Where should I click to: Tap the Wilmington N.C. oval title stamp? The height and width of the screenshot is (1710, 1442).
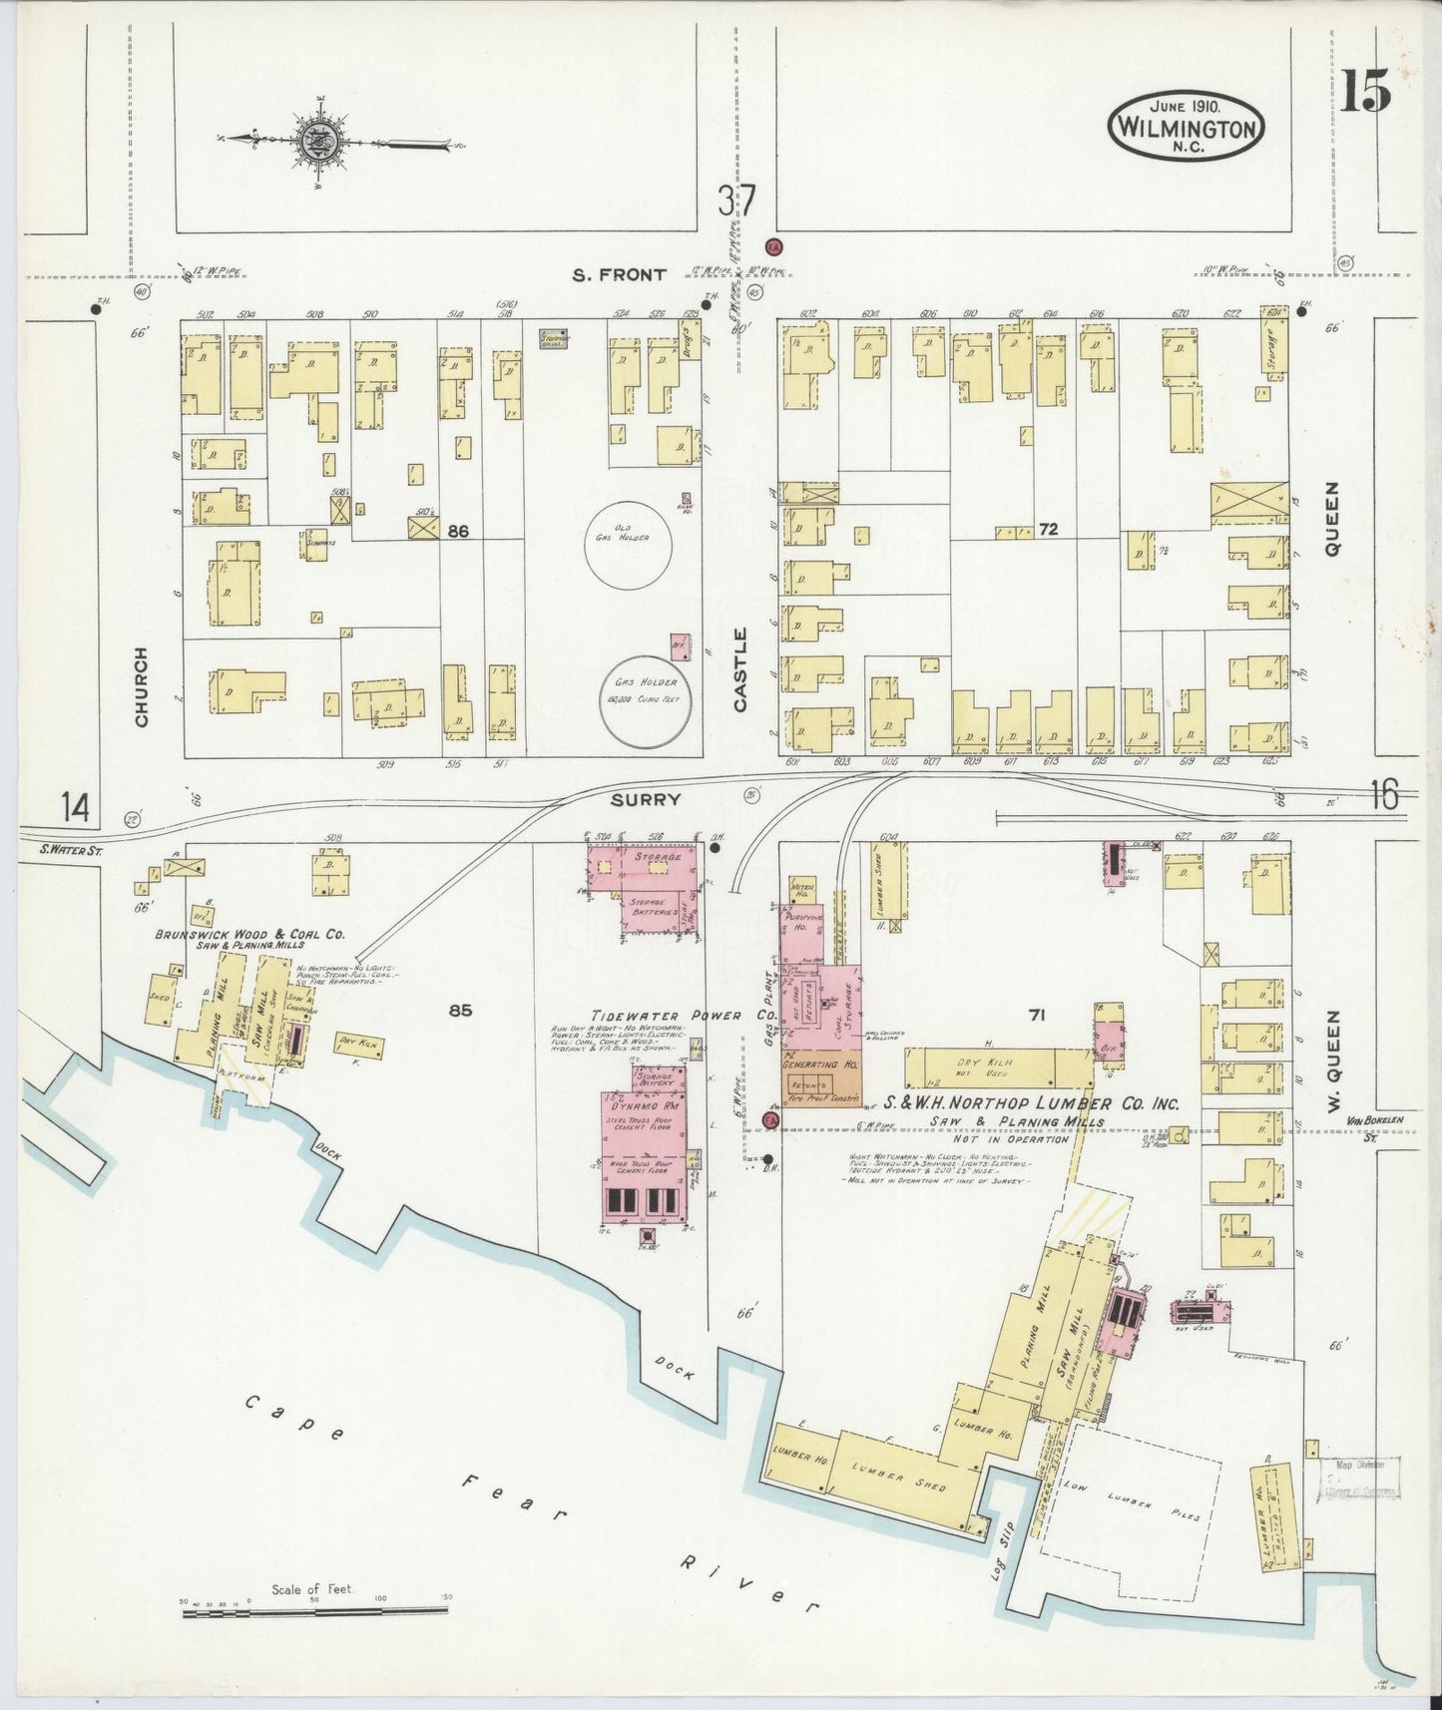(1186, 127)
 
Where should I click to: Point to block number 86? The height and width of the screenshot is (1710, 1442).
(458, 532)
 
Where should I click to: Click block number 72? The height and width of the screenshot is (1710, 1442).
(1047, 529)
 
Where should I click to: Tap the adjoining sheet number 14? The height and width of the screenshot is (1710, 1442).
(75, 805)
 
